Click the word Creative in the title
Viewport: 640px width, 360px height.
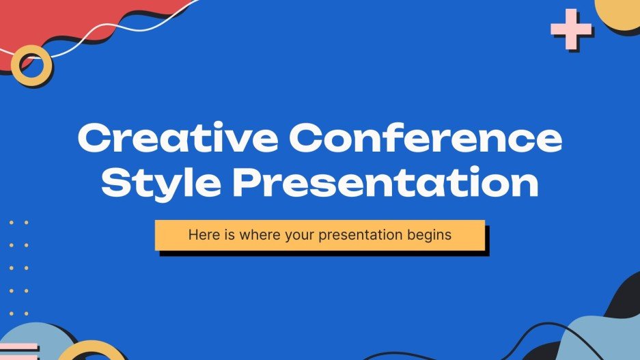[176, 139]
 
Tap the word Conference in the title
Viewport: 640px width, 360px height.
[424, 139]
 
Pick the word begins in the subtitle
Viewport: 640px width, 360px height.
[429, 236]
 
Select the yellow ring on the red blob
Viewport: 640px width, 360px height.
[31, 65]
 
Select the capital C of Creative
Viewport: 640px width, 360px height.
[94, 139]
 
